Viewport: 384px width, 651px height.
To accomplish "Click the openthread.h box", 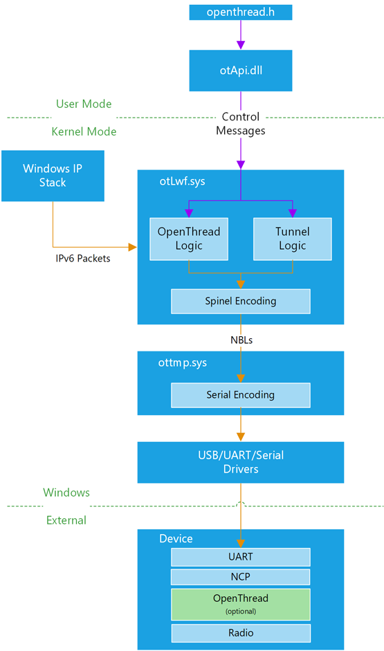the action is [x=241, y=12].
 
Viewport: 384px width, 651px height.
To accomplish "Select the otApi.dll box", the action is [x=241, y=71].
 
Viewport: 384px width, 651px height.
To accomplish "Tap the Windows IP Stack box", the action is [x=53, y=176].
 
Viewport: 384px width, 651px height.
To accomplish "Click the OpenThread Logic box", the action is [x=189, y=239].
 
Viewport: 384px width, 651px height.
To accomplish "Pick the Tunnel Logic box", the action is [x=293, y=239].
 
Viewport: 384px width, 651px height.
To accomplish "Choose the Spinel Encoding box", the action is [x=241, y=301].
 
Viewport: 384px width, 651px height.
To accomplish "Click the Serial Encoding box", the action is [x=241, y=395].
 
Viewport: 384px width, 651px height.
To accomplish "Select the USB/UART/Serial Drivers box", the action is [x=241, y=462].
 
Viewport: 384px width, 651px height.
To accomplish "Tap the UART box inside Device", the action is [x=241, y=557].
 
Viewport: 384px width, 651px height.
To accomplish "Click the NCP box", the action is [x=241, y=577].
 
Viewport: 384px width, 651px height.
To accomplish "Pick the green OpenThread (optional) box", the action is [x=241, y=604].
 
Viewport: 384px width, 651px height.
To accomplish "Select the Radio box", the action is [x=241, y=633].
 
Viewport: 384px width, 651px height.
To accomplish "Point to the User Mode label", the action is [x=84, y=104].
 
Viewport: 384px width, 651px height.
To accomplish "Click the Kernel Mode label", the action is [x=84, y=131].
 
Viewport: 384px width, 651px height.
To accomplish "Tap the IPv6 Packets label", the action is [x=83, y=258].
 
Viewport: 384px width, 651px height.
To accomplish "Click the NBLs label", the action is [x=241, y=340].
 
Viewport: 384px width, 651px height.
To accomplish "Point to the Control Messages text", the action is [x=241, y=123].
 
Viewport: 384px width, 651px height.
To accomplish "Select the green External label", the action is [x=66, y=520].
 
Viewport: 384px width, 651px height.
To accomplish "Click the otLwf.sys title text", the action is [x=182, y=181].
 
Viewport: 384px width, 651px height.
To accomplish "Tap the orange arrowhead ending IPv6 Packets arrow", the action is [x=133, y=248].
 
